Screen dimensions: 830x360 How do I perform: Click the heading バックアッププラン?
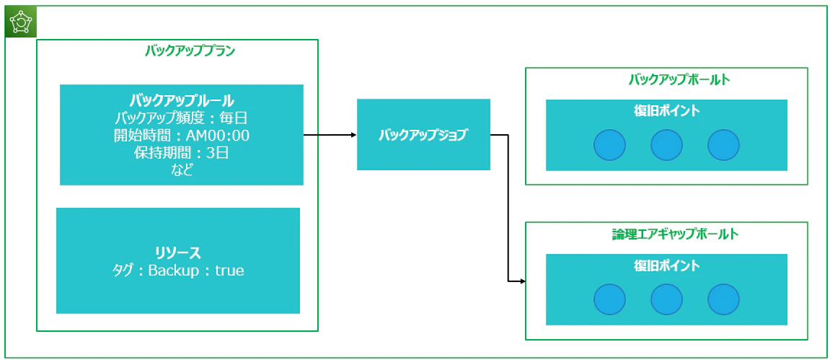[x=190, y=51]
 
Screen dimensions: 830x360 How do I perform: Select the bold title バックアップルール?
[x=182, y=100]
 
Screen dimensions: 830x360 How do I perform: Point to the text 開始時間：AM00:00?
[x=182, y=136]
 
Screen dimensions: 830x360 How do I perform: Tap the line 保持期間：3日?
[x=182, y=153]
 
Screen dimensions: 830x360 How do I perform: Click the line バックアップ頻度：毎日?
[x=182, y=118]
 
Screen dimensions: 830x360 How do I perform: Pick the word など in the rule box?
[x=182, y=170]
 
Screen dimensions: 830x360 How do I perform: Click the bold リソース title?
[x=178, y=253]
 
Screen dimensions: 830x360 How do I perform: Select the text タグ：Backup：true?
[x=178, y=271]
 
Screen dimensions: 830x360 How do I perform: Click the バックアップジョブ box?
[x=423, y=134]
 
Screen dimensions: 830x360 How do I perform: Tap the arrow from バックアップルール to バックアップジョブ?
[x=330, y=135]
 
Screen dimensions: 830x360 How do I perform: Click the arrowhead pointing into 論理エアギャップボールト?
[x=523, y=281]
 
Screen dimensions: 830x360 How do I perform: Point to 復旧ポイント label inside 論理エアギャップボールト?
[x=666, y=265]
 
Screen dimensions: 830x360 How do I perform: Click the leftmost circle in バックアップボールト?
[x=609, y=144]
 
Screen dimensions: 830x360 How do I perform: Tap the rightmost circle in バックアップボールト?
[x=723, y=144]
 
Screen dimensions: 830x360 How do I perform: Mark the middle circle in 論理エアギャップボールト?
[x=666, y=299]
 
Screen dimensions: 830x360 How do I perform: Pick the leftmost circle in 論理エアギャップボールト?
[x=609, y=299]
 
